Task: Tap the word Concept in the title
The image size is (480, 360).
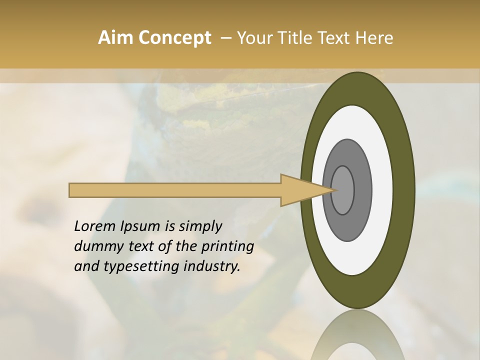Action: (174, 38)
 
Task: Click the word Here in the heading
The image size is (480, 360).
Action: (374, 38)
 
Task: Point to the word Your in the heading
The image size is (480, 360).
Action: (254, 38)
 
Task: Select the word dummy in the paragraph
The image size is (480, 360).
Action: (95, 246)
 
